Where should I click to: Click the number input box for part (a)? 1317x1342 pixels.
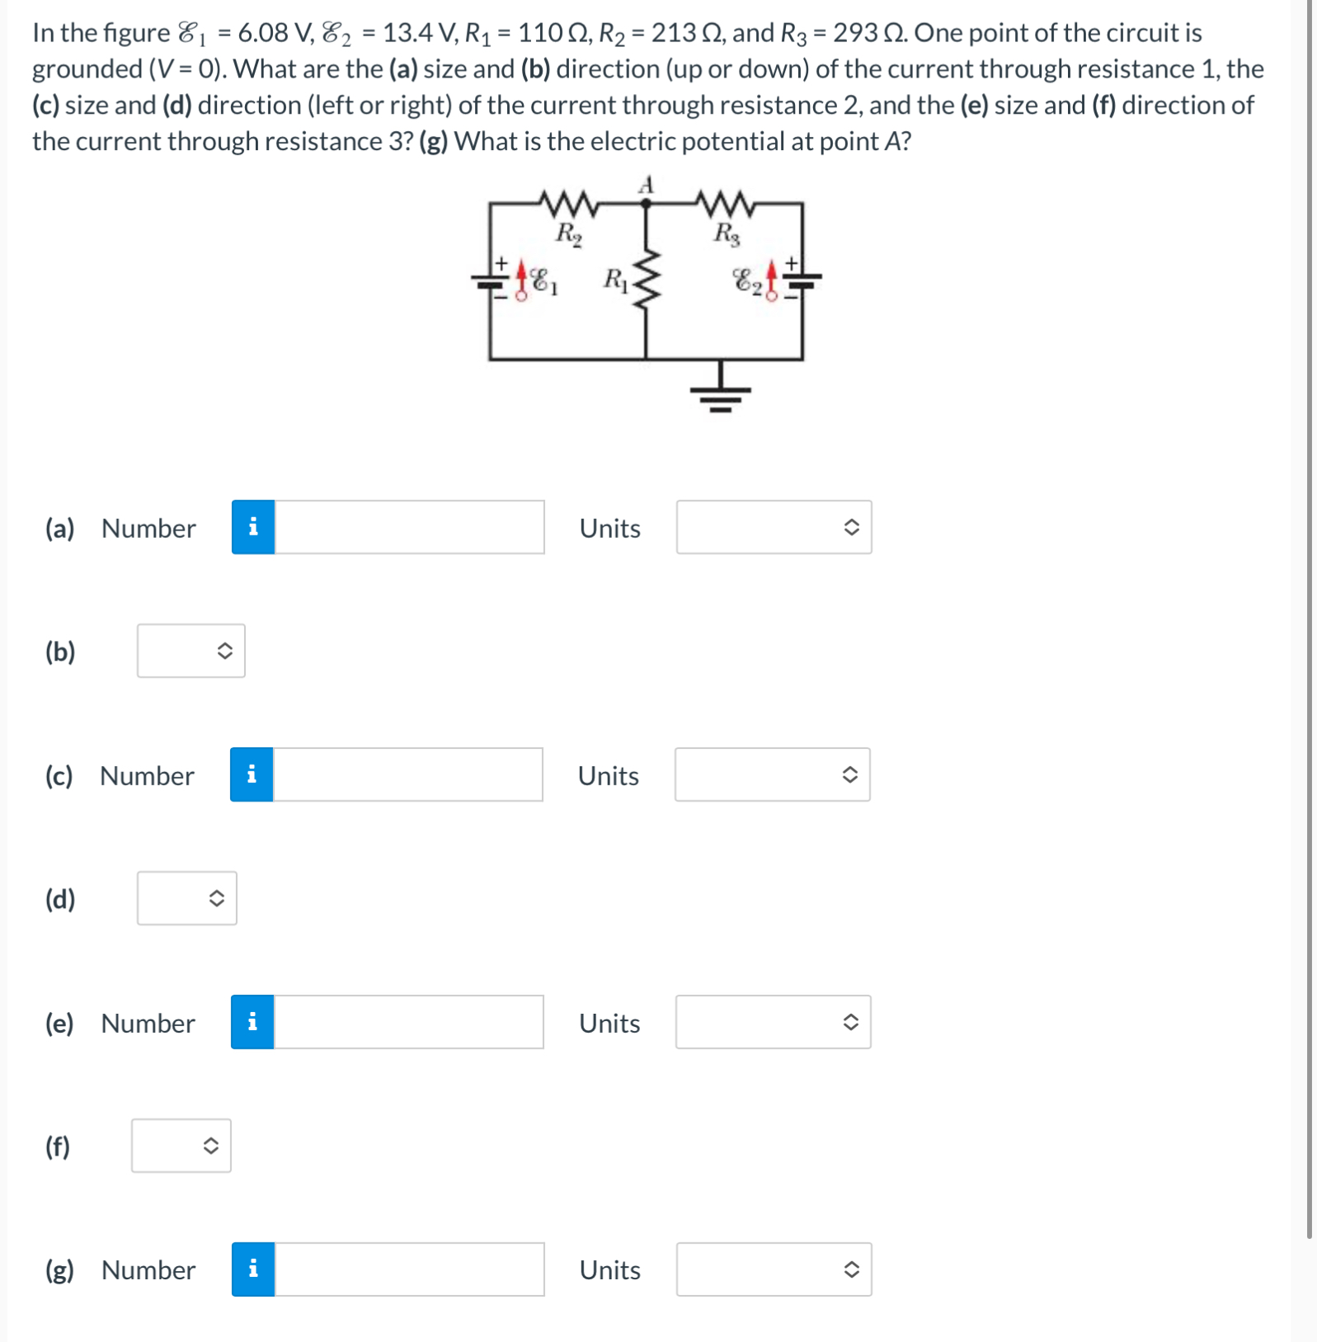409,527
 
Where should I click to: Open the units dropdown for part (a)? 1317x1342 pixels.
774,527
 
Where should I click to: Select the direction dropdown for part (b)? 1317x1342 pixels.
190,651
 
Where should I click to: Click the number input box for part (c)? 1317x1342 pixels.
407,775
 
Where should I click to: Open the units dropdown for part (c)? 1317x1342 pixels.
772,775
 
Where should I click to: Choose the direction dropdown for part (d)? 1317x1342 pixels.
186,898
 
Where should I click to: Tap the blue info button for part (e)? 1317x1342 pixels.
252,1022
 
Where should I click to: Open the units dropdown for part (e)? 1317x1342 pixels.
773,1022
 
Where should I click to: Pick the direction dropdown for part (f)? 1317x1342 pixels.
181,1146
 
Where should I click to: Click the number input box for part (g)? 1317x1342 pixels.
409,1269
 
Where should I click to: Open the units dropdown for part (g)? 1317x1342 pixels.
774,1269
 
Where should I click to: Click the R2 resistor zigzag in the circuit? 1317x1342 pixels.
567,202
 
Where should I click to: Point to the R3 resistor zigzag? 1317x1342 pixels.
725,202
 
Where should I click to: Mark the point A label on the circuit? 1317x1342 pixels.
647,185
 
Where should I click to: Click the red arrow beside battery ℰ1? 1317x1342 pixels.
521,279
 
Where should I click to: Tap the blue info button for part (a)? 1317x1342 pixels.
253,527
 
